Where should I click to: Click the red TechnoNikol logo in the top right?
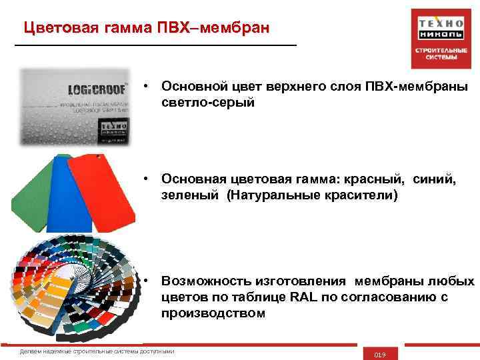coord(436,37)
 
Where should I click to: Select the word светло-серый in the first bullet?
coord(207,103)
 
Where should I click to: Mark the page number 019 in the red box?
coord(381,354)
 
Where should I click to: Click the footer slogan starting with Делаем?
coord(97,351)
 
